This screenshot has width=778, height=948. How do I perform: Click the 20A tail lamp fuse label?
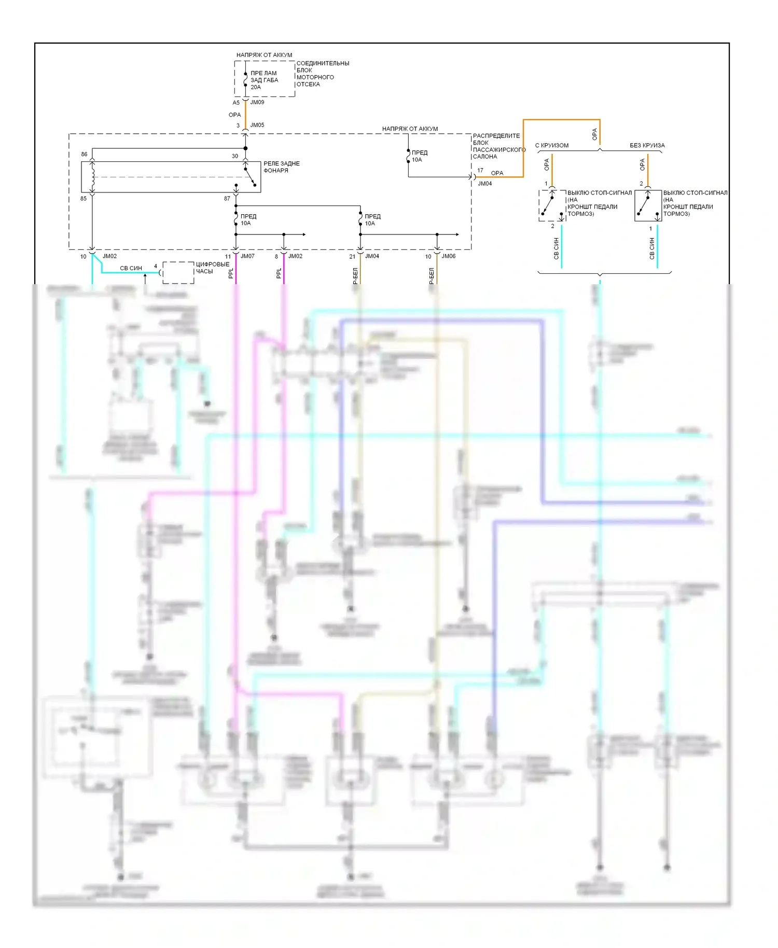[x=264, y=80]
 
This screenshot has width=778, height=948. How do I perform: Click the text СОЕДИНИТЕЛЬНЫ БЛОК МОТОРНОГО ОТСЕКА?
[x=322, y=74]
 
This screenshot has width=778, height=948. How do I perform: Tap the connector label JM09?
[x=257, y=102]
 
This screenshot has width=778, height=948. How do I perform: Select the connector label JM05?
[x=257, y=125]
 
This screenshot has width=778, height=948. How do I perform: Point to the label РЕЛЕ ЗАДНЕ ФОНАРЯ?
[x=281, y=167]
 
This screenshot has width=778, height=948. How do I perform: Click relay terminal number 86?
[x=84, y=155]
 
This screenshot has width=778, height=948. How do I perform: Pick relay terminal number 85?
[x=84, y=199]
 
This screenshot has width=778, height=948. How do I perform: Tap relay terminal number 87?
[x=227, y=199]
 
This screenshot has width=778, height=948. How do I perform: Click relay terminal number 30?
[x=235, y=156]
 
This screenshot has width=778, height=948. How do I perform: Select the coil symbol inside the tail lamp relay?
[x=93, y=176]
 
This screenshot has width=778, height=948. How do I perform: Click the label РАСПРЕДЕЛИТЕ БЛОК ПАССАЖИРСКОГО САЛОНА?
[x=498, y=146]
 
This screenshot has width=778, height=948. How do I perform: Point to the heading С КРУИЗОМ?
[x=551, y=146]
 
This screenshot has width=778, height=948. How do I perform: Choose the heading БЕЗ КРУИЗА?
[x=647, y=146]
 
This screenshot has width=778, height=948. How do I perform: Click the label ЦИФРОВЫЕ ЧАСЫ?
[x=212, y=268]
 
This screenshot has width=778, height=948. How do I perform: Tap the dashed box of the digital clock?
[x=178, y=273]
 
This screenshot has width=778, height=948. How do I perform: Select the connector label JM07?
[x=247, y=256]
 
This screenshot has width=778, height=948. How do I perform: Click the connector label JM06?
[x=448, y=256]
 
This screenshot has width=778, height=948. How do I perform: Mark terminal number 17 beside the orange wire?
[x=480, y=171]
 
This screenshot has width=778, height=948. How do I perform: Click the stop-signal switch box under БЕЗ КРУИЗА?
[x=648, y=206]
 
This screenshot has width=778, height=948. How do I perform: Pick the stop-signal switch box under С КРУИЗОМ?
[x=552, y=206]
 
